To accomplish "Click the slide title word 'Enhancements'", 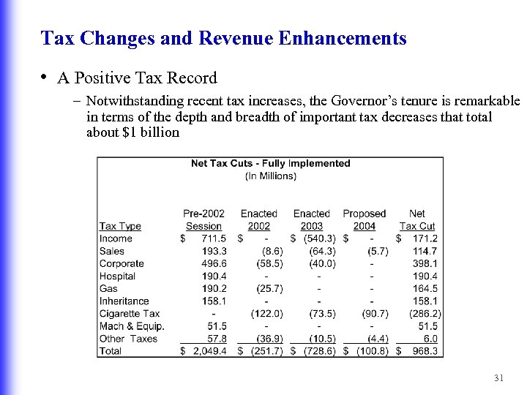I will point(351,38).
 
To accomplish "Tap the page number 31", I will point(500,378).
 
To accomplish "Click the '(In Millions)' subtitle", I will point(271,176).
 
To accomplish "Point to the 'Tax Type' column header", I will point(120,226).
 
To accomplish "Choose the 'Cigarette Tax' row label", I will point(130,314).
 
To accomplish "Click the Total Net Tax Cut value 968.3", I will point(425,351).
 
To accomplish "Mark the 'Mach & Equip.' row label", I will point(132,326).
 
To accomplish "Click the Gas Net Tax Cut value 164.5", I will point(425,289).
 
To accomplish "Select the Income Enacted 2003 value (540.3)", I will point(319,238).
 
